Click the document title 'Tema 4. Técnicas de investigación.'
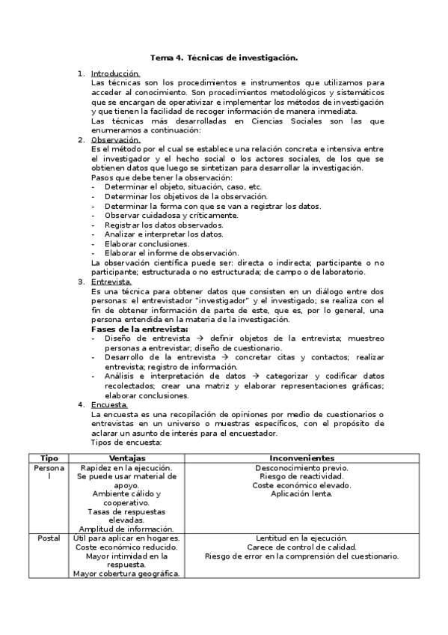224,57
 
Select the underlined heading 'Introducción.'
115,73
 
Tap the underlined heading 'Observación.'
115,139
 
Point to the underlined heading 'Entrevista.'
111,282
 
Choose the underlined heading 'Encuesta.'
109,405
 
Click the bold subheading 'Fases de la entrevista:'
139,329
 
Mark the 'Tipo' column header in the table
49,457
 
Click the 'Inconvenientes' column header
301,457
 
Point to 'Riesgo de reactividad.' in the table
301,476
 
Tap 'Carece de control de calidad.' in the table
301,547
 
